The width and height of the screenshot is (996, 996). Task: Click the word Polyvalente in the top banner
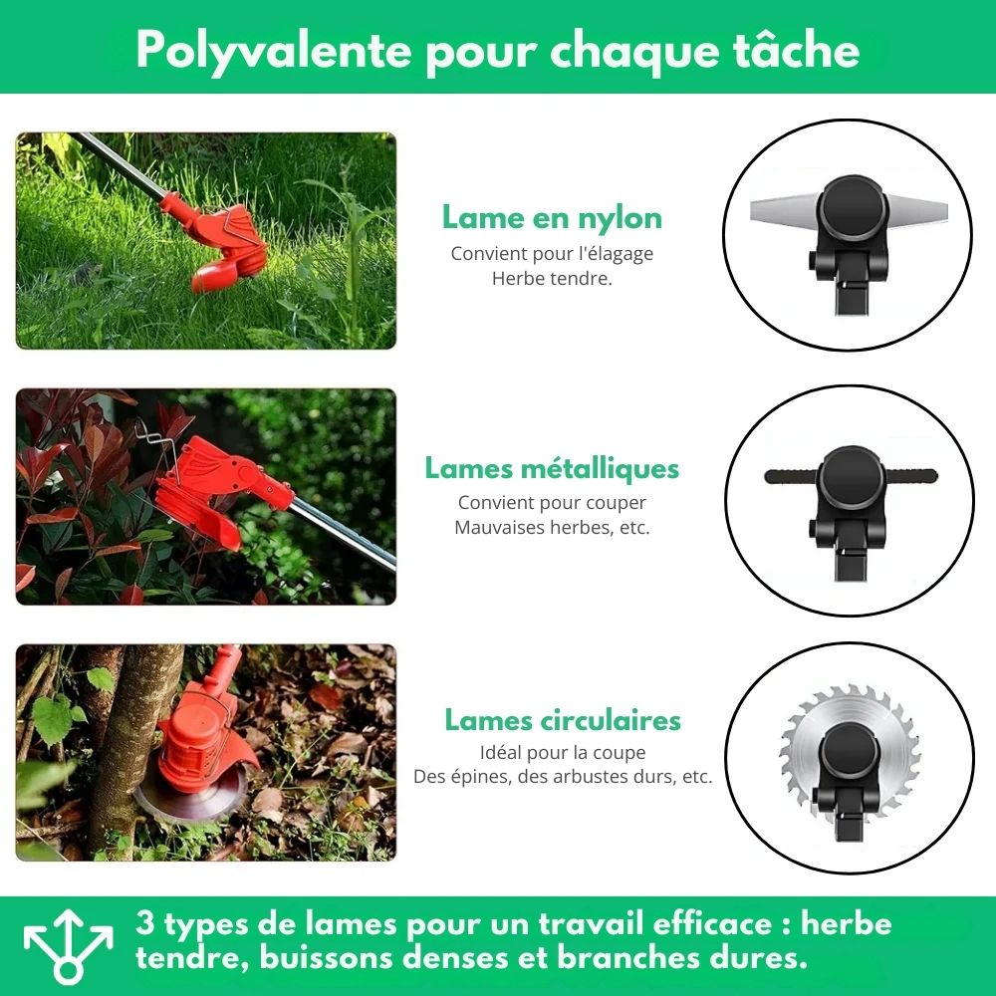pos(273,51)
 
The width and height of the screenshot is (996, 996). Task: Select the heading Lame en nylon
pos(552,218)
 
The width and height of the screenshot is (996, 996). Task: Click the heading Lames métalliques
pos(552,468)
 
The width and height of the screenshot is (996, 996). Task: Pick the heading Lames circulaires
pos(563,720)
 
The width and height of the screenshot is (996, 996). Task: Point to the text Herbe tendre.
pos(552,279)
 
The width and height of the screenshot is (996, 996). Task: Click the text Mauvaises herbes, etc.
pos(552,527)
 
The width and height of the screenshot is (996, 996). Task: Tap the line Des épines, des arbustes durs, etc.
pos(563,776)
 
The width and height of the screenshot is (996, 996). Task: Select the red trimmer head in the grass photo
pos(222,245)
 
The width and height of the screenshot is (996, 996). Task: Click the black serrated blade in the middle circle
pos(851,476)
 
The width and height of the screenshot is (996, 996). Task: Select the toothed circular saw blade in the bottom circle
pos(850,753)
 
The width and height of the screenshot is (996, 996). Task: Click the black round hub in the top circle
pos(850,208)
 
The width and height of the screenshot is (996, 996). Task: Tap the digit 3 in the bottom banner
pos(145,922)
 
